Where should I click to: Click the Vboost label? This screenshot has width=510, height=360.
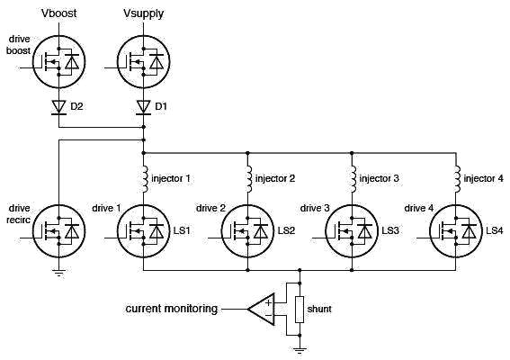point(58,13)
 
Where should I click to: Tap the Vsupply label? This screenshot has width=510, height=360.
point(143,14)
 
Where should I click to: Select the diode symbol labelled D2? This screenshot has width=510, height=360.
point(58,107)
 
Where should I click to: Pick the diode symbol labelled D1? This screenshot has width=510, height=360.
point(143,107)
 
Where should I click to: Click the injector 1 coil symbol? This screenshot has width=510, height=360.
point(145,179)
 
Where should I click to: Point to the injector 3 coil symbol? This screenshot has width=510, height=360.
point(353,179)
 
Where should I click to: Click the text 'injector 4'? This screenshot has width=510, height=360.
point(483,178)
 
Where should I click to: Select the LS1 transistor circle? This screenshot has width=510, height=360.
point(143,231)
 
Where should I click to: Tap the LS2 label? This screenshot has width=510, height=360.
point(286,230)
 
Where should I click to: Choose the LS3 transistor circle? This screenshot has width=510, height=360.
point(352,231)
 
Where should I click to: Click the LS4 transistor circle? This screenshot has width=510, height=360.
point(456,231)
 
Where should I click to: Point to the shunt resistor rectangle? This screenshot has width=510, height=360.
point(300,310)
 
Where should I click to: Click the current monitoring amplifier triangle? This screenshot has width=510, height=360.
point(261,309)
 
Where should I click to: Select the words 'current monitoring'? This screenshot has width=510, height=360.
point(172,309)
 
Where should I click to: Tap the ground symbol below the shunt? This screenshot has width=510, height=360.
point(300,351)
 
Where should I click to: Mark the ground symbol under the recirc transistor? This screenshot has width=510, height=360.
point(58,273)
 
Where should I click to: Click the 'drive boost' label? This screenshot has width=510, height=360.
point(19,45)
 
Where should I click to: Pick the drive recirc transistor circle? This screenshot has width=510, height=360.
point(58,231)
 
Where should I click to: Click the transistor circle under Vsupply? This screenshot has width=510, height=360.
point(143,62)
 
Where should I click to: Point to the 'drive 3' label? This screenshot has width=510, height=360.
point(315,208)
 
